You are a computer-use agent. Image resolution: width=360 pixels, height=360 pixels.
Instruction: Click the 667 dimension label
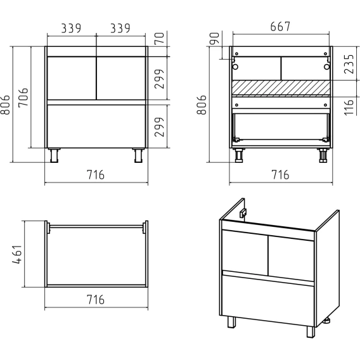click(x=280, y=27)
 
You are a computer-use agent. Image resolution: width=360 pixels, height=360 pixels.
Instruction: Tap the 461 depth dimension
click(x=17, y=254)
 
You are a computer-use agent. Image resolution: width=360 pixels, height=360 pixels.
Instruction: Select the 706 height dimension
click(x=23, y=98)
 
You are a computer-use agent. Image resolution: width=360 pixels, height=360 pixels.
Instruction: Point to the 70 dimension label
click(x=160, y=38)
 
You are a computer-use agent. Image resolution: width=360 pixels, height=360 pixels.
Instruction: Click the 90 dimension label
click(x=215, y=38)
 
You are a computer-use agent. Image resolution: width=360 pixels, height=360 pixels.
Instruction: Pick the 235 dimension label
click(x=349, y=64)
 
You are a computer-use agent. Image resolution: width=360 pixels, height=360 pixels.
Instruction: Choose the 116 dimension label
click(x=349, y=107)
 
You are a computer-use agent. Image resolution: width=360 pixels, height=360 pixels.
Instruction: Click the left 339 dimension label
click(x=71, y=29)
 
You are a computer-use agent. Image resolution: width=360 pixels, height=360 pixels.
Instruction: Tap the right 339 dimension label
click(x=120, y=29)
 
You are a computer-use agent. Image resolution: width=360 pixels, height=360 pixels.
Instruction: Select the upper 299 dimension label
click(x=159, y=79)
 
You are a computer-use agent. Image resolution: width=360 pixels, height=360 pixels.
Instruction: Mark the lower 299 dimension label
click(x=159, y=127)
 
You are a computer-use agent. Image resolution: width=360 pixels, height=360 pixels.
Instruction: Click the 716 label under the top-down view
click(x=96, y=300)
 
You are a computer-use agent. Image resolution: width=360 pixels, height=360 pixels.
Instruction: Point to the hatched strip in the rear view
click(x=281, y=87)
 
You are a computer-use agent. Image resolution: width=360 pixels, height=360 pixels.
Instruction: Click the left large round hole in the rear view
click(x=235, y=67)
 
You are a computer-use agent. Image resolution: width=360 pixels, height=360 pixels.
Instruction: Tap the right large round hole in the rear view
click(x=327, y=67)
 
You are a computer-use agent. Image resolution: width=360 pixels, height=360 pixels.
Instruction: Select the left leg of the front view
click(x=54, y=155)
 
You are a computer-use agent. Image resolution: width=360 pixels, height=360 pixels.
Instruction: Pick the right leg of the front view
click(x=138, y=155)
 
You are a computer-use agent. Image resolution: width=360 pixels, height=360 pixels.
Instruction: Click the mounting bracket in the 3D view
click(x=243, y=213)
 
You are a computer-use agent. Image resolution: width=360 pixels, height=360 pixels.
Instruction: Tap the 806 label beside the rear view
click(x=202, y=105)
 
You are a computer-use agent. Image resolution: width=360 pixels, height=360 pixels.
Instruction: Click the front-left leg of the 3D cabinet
click(x=232, y=322)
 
